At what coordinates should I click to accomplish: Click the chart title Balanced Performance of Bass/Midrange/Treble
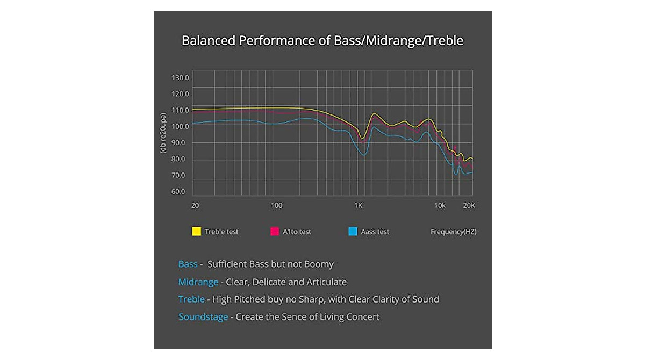tap(322, 41)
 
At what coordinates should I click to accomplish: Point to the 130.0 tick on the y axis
tap(180, 77)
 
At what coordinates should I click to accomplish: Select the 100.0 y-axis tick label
tap(180, 127)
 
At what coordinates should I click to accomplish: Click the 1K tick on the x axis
tap(359, 206)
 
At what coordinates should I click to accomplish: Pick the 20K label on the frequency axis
tap(469, 206)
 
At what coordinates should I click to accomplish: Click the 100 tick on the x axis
tap(276, 206)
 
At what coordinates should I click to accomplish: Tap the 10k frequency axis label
tap(440, 206)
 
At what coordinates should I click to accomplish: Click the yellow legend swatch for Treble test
tap(197, 232)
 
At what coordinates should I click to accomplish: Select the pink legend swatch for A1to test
tap(274, 232)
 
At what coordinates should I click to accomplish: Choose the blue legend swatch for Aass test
tap(353, 232)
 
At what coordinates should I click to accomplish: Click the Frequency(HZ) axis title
tap(453, 232)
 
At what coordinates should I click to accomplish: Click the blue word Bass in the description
tap(188, 264)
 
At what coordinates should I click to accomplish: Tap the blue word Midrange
tap(198, 282)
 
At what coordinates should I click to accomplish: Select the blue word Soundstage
tap(204, 317)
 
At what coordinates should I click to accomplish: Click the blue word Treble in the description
tap(191, 299)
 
